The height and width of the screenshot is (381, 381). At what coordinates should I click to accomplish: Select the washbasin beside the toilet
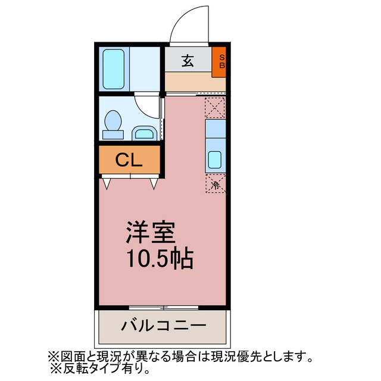143,132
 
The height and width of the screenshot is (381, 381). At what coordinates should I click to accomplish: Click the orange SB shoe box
220,61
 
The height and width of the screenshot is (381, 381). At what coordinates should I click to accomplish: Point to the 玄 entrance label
187,60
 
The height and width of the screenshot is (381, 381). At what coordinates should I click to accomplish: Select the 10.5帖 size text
159,258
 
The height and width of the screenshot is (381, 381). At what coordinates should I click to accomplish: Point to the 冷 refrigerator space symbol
216,185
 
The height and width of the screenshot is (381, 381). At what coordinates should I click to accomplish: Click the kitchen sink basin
215,160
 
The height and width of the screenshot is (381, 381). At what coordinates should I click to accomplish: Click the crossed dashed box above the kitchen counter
215,108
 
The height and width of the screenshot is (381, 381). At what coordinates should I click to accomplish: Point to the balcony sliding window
163,307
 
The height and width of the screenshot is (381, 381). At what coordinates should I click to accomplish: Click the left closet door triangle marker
107,183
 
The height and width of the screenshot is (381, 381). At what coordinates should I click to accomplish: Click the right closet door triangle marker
154,183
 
